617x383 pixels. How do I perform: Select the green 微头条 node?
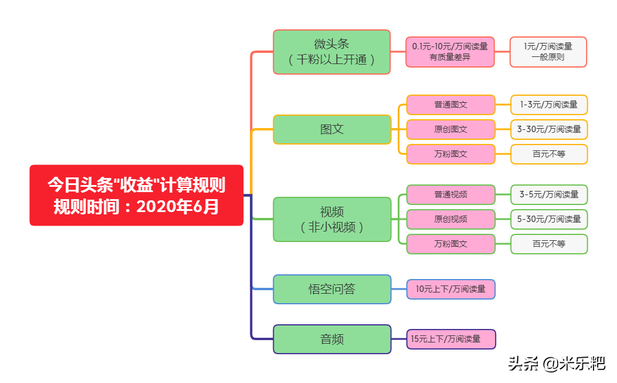331,52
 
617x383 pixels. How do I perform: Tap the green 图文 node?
331,129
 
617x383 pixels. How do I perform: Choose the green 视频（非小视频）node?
331,219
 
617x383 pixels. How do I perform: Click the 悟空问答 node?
331,289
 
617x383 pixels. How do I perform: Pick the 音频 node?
331,339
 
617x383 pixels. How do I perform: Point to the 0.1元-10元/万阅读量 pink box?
450,52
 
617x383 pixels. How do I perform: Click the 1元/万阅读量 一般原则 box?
548,52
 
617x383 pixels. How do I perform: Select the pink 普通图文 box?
450,105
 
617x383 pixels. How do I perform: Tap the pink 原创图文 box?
450,129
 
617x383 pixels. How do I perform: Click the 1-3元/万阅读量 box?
548,105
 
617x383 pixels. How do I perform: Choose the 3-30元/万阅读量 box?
548,129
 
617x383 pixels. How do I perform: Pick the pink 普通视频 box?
450,194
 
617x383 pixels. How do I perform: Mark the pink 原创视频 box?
450,219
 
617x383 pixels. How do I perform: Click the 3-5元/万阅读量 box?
548,194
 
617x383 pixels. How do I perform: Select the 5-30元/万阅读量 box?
548,219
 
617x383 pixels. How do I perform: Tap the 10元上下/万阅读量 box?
450,289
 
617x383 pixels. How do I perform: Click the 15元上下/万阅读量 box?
450,339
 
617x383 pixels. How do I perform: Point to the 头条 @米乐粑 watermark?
556,364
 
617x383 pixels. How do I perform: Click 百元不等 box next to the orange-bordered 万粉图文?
548,154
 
